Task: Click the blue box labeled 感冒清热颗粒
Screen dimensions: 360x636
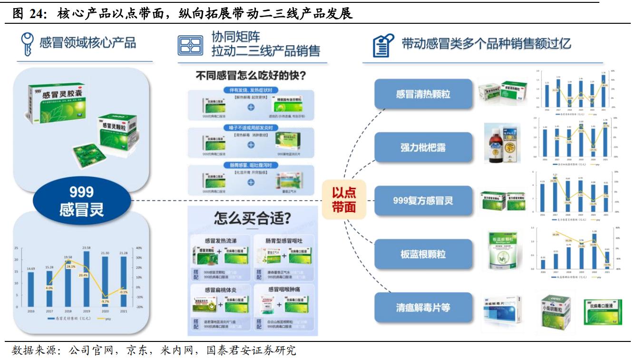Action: click(423, 94)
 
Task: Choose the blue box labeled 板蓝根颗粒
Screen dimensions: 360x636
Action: click(423, 254)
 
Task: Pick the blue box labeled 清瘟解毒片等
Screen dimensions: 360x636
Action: click(423, 307)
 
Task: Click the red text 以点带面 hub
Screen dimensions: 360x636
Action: click(344, 200)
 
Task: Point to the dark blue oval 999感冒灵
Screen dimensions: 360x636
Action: click(81, 200)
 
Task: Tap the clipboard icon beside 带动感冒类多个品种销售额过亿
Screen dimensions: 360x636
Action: click(383, 45)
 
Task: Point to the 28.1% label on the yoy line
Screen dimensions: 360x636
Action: click(70, 266)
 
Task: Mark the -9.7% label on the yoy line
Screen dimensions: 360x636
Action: click(106, 302)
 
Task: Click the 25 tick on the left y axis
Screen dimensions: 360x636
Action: click(16, 248)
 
